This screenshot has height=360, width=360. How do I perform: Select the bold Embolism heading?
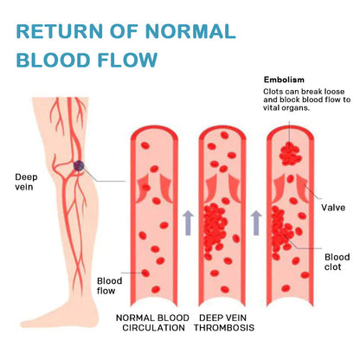pos(284,80)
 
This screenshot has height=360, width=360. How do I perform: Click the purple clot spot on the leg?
pos(79,165)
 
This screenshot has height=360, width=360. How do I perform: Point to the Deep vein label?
pos(26,182)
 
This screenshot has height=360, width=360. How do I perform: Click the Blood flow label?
pos(109,286)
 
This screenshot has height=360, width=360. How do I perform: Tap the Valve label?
pos(333,208)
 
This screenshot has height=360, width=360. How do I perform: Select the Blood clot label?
pos(337,262)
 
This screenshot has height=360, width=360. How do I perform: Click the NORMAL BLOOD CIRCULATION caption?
pos(152,323)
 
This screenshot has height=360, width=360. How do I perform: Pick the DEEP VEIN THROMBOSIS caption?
pos(224,323)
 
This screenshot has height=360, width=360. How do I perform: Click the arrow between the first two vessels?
pos(188,222)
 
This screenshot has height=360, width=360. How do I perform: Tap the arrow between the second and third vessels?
pos(256,222)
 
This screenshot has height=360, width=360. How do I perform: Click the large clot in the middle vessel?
pos(214,227)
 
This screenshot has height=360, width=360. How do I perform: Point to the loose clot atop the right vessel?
pos(290,154)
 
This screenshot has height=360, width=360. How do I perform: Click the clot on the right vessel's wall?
pos(281,231)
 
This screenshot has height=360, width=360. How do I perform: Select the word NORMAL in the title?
pos(190,31)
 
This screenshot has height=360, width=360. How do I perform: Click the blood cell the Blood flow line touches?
pos(145,273)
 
